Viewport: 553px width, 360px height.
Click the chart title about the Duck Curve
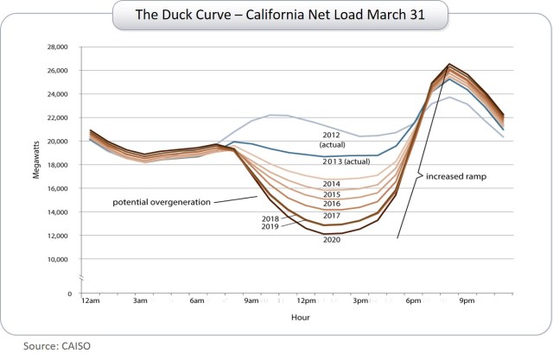276,15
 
